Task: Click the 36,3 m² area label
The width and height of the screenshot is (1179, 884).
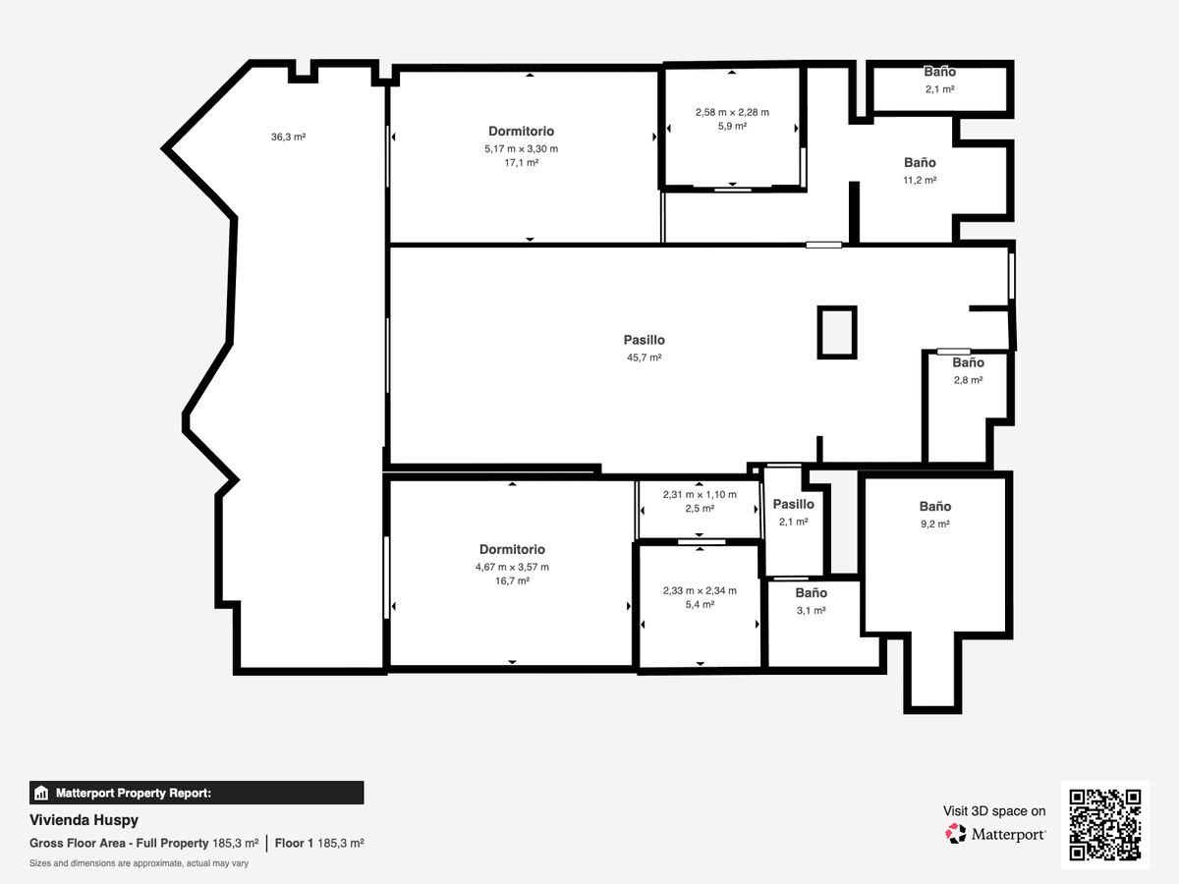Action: [289, 137]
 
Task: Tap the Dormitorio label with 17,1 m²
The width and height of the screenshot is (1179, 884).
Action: [521, 131]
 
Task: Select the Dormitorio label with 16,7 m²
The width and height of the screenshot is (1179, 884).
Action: [512, 549]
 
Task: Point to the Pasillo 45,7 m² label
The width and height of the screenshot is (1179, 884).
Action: [644, 340]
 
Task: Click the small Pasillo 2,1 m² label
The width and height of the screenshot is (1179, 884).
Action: [793, 504]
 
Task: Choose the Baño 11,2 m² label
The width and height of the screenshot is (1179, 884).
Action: [920, 162]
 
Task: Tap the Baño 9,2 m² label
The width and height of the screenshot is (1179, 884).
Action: [935, 506]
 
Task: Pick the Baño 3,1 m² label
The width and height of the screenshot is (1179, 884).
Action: [812, 592]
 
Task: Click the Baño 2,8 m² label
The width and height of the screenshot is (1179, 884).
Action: [968, 362]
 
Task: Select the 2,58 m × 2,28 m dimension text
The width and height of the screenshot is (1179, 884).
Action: [732, 112]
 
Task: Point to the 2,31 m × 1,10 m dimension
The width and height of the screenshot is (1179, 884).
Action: [700, 494]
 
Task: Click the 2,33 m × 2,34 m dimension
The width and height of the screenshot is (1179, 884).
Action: [700, 590]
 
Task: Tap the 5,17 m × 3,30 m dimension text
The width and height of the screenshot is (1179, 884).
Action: [521, 148]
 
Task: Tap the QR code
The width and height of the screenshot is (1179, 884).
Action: [1105, 825]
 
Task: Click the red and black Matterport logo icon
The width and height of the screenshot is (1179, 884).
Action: [956, 834]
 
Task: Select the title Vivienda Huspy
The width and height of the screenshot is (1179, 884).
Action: [84, 820]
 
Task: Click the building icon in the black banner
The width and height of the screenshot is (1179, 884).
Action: [41, 793]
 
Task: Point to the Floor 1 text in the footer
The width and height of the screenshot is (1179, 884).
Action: [294, 843]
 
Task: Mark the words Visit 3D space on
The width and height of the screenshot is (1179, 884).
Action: [994, 810]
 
